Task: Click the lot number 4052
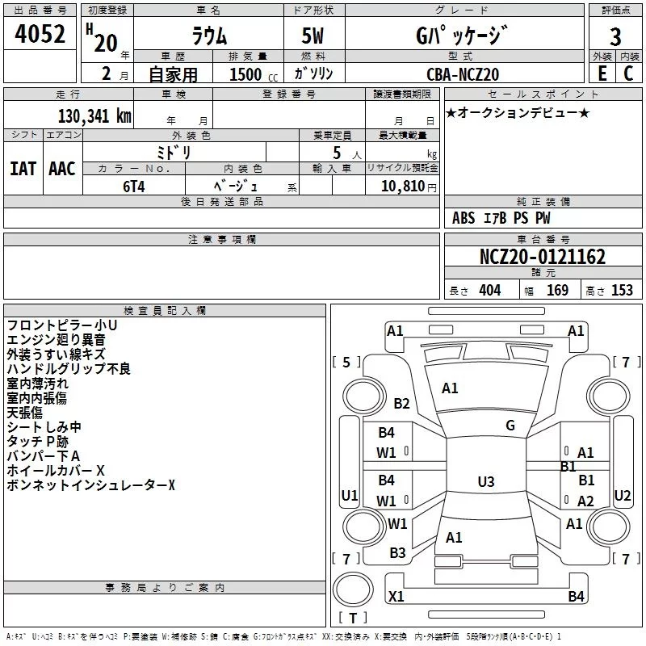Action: tap(40, 36)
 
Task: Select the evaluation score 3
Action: tap(615, 37)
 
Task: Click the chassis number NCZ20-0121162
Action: tap(543, 257)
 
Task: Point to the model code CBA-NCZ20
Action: tap(463, 74)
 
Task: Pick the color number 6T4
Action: tap(133, 185)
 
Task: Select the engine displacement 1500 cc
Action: tap(247, 74)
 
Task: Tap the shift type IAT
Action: tap(23, 169)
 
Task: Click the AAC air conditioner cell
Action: tap(62, 169)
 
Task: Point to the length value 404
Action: tap(489, 291)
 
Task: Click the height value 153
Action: tap(622, 291)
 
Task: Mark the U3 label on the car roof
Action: tap(485, 482)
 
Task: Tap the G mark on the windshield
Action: tap(510, 426)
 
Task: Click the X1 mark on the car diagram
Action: tap(396, 597)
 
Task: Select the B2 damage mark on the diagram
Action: tap(401, 404)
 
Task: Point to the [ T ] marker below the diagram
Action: tap(351, 619)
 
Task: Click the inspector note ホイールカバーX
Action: tap(56, 470)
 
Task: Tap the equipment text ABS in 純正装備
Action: tap(464, 217)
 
